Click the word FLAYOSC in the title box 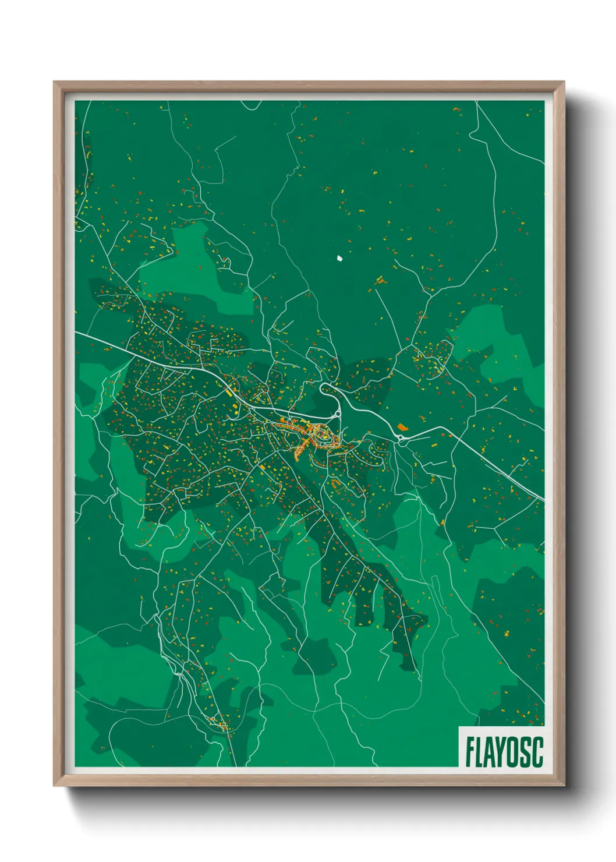pyautogui.click(x=504, y=752)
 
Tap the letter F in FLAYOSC pyautogui.click(x=469, y=752)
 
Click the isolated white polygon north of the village pyautogui.click(x=339, y=256)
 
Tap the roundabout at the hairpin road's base pyautogui.click(x=337, y=414)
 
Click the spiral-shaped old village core pyautogui.click(x=322, y=436)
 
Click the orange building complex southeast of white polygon pyautogui.click(x=381, y=281)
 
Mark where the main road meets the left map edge pyautogui.click(x=76, y=332)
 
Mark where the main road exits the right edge pyautogui.click(x=543, y=499)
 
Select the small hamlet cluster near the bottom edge pyautogui.click(x=222, y=725)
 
